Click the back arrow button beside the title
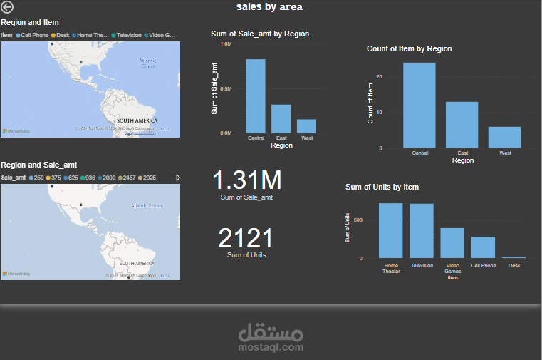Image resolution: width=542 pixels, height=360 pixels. pyautogui.click(x=7, y=7)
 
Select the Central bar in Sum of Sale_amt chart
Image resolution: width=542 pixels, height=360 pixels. pyautogui.click(x=256, y=96)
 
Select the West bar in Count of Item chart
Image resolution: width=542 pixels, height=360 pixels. pyautogui.click(x=504, y=138)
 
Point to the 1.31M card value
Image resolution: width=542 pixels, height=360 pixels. pyautogui.click(x=246, y=180)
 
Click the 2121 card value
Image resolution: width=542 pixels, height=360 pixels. pyautogui.click(x=246, y=237)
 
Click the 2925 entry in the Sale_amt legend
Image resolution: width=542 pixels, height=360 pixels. pyautogui.click(x=149, y=178)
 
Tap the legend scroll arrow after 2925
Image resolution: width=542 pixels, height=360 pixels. pyautogui.click(x=178, y=178)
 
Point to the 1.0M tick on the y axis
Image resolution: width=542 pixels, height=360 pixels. pyautogui.click(x=226, y=44)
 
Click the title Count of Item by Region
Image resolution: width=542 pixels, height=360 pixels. pyautogui.click(x=409, y=48)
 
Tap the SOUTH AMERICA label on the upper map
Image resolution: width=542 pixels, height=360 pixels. pyautogui.click(x=136, y=120)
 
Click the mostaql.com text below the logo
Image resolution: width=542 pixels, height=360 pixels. pyautogui.click(x=271, y=347)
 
